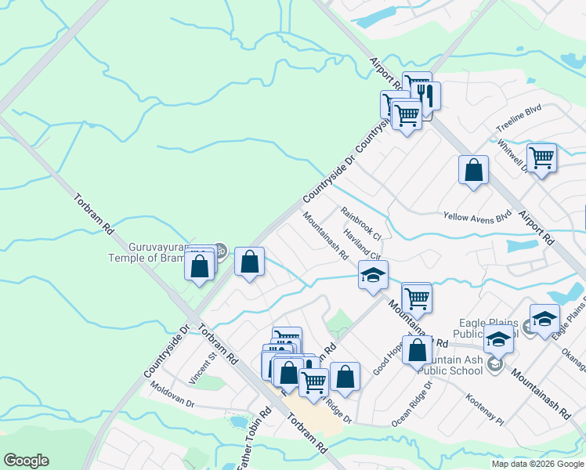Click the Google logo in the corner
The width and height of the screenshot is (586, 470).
point(26,460)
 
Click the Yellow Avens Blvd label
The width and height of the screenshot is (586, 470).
point(476,215)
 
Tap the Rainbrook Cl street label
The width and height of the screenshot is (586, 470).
point(360,223)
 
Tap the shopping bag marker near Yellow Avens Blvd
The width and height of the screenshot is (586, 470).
point(474,170)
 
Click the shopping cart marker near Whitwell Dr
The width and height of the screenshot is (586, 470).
point(541,158)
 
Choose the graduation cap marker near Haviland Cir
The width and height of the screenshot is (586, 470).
point(374,275)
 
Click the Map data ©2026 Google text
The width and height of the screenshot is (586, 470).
point(537,464)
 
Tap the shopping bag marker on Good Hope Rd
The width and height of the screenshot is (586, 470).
point(418,350)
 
